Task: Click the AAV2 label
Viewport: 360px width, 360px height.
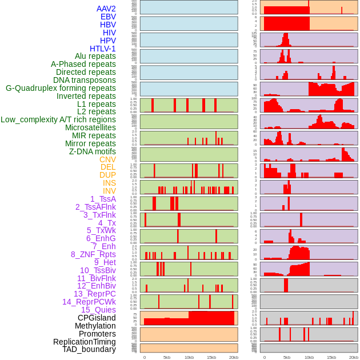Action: point(106,9)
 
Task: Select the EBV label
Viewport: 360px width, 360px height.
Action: point(108,17)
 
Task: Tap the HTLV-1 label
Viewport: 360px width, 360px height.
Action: point(102,49)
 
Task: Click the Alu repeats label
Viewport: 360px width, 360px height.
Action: point(95,56)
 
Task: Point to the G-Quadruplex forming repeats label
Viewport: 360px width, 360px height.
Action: point(61,88)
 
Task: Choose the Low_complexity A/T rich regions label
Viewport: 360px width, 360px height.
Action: point(58,119)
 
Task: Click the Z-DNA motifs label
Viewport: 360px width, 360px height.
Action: point(92,151)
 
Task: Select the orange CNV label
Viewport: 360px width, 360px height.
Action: point(107,159)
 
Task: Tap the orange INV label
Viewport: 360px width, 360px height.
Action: point(109,191)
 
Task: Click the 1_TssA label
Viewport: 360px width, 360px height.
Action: point(103,199)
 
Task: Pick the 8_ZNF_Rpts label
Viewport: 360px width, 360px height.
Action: point(93,254)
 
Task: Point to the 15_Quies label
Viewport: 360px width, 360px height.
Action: point(98,310)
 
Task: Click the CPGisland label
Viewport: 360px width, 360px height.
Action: point(97,318)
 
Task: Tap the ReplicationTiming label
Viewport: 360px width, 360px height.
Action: point(84,342)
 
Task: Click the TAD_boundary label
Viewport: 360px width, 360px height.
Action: point(89,349)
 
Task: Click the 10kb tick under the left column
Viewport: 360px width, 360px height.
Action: point(189,358)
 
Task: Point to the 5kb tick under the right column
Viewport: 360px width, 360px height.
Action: point(286,358)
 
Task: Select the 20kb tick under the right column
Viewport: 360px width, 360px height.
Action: point(354,358)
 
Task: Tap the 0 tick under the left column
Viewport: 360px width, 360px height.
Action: point(144,358)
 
